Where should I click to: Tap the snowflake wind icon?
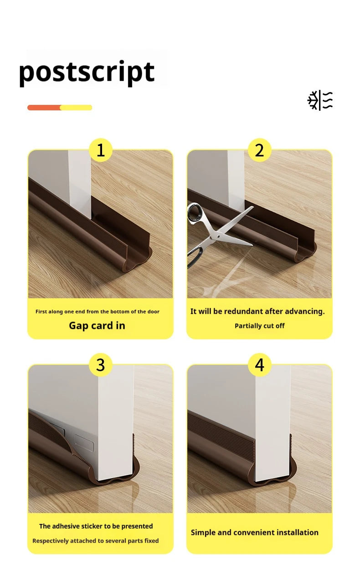point(320,100)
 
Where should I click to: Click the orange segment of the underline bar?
point(44,108)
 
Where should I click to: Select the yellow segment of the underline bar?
point(76,108)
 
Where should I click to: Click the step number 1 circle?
point(100,150)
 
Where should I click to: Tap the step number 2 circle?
point(259,150)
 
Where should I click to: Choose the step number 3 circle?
point(100,365)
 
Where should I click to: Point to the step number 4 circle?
point(259,365)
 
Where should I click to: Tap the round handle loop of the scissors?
point(195,212)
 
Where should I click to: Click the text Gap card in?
point(97,326)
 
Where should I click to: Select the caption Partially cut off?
point(259,326)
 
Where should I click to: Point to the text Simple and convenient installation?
point(254,532)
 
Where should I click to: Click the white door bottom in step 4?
point(272,456)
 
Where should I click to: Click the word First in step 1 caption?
point(41,311)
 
